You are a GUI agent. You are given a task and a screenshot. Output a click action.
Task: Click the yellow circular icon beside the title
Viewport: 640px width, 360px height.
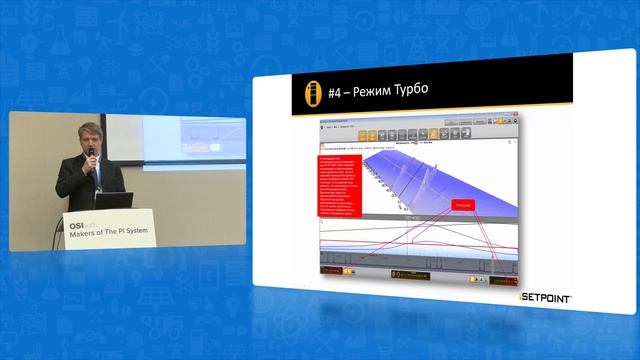pyautogui.click(x=313, y=93)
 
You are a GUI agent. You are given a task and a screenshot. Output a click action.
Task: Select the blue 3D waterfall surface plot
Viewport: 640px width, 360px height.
pyautogui.click(x=450, y=180)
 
